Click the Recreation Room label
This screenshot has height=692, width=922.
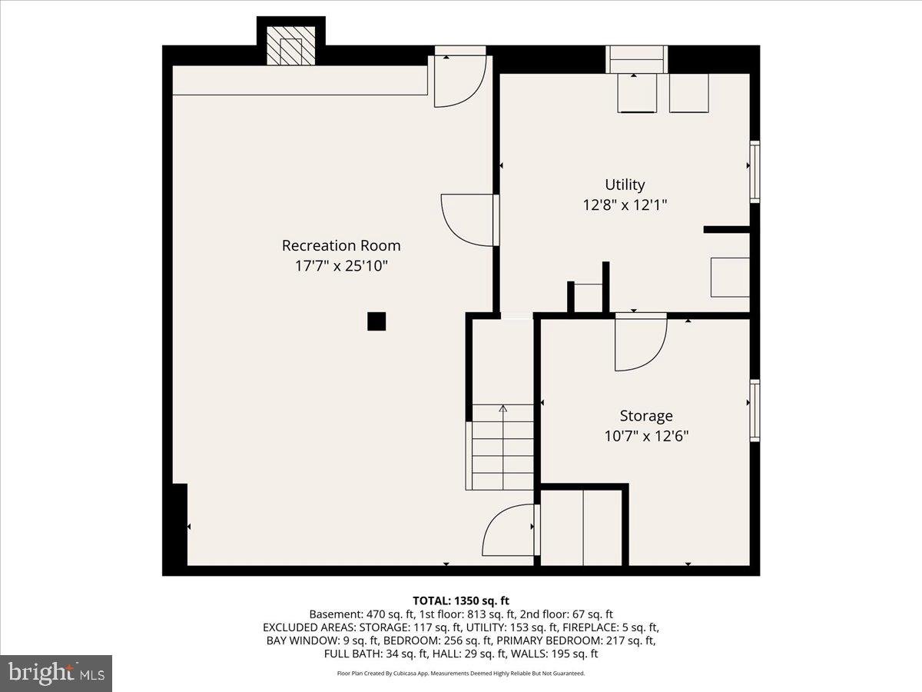click(x=341, y=246)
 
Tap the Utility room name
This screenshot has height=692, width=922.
click(x=625, y=185)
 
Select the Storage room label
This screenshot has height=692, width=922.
click(x=646, y=416)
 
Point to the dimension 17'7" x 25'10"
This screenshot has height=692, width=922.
click(x=341, y=267)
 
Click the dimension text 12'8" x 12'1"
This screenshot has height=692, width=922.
click(x=625, y=205)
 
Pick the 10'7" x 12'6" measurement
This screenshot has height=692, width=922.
click(x=646, y=436)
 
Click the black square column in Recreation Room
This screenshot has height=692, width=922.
click(x=376, y=321)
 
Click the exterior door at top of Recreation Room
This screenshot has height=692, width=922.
click(x=459, y=79)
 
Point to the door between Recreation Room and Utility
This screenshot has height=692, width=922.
click(x=469, y=220)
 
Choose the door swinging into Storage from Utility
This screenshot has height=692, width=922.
click(x=640, y=341)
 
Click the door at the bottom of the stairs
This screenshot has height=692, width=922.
click(x=509, y=531)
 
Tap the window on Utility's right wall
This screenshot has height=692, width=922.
click(x=755, y=171)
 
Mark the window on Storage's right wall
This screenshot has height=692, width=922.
click(x=755, y=410)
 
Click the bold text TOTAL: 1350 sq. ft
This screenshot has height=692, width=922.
click(x=460, y=601)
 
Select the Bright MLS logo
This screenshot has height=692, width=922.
click(x=56, y=674)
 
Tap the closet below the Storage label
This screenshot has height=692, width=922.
click(x=583, y=527)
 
